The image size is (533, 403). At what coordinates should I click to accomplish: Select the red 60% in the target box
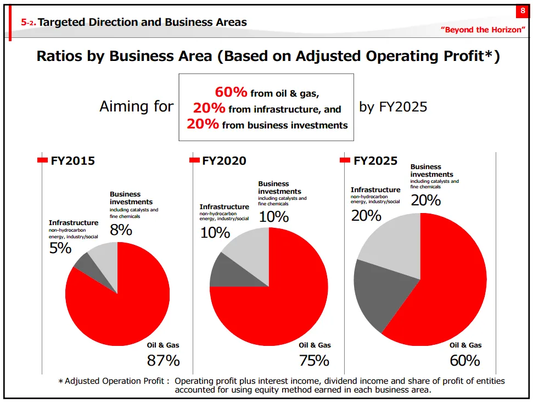click(x=231, y=92)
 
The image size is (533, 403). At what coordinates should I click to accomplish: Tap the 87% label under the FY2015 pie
click(x=163, y=361)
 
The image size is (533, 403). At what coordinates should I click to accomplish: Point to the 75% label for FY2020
click(x=314, y=361)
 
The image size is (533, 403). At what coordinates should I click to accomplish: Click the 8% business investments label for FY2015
click(x=121, y=230)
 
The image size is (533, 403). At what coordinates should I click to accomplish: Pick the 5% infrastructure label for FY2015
click(x=60, y=248)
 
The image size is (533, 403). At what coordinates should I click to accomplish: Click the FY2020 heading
click(x=224, y=161)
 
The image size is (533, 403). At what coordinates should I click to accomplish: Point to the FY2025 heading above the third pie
click(x=375, y=161)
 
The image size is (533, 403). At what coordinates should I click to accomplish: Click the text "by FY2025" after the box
click(x=393, y=107)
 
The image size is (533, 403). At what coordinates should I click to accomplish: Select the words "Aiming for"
click(x=136, y=107)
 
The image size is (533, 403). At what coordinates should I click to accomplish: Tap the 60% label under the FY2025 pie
click(x=465, y=361)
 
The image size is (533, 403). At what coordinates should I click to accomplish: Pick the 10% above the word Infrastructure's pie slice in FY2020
click(x=215, y=232)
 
